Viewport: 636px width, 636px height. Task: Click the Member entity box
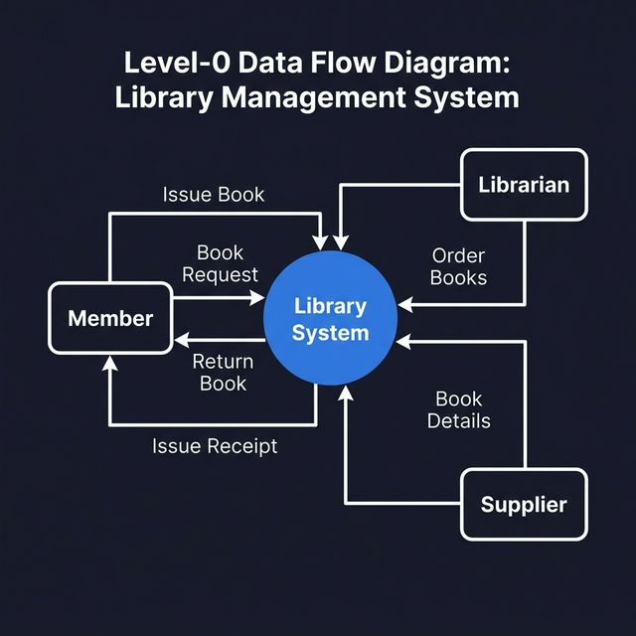pos(110,318)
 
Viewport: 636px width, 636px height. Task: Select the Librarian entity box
pos(524,185)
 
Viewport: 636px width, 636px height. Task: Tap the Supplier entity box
pos(524,504)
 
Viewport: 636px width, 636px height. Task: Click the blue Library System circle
pos(330,319)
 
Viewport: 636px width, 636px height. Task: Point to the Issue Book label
pos(214,194)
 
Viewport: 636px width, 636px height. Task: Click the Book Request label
pos(220,263)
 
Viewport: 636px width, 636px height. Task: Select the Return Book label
pos(223,372)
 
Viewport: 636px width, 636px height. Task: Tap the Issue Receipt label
pos(215,446)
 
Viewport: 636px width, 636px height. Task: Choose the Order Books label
pos(459,266)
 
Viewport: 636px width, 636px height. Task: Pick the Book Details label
pos(459,409)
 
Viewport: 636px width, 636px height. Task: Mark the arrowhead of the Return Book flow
pos(182,340)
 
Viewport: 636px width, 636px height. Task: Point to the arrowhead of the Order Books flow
pos(404,304)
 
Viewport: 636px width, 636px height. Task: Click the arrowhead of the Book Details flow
pos(404,341)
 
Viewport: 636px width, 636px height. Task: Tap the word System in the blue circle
pos(331,333)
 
